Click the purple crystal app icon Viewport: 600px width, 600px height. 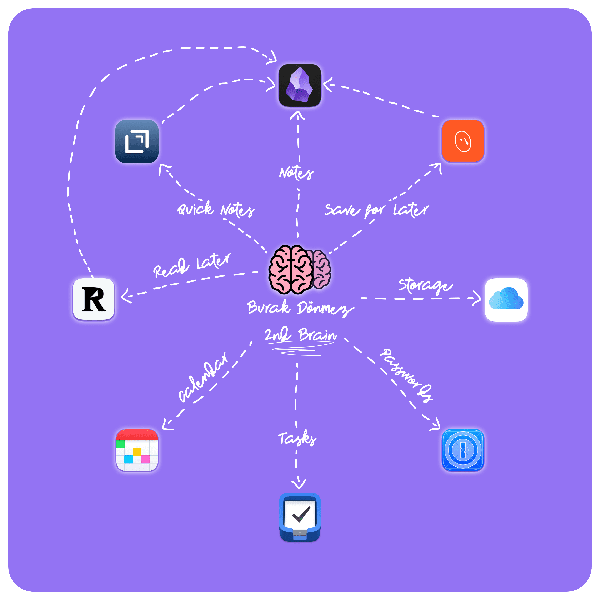pos(300,85)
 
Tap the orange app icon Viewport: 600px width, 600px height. pos(463,141)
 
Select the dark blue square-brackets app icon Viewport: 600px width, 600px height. pos(137,141)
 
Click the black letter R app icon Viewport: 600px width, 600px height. pos(94,299)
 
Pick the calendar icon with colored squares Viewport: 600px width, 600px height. pos(137,450)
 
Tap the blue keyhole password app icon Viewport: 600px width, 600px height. pos(463,450)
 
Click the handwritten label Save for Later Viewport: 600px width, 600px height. pos(377,210)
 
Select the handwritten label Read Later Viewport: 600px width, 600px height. pos(192,266)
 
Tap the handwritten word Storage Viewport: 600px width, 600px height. pos(425,286)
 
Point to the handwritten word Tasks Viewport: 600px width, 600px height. pos(297,438)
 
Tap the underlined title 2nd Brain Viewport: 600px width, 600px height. pos(300,335)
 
